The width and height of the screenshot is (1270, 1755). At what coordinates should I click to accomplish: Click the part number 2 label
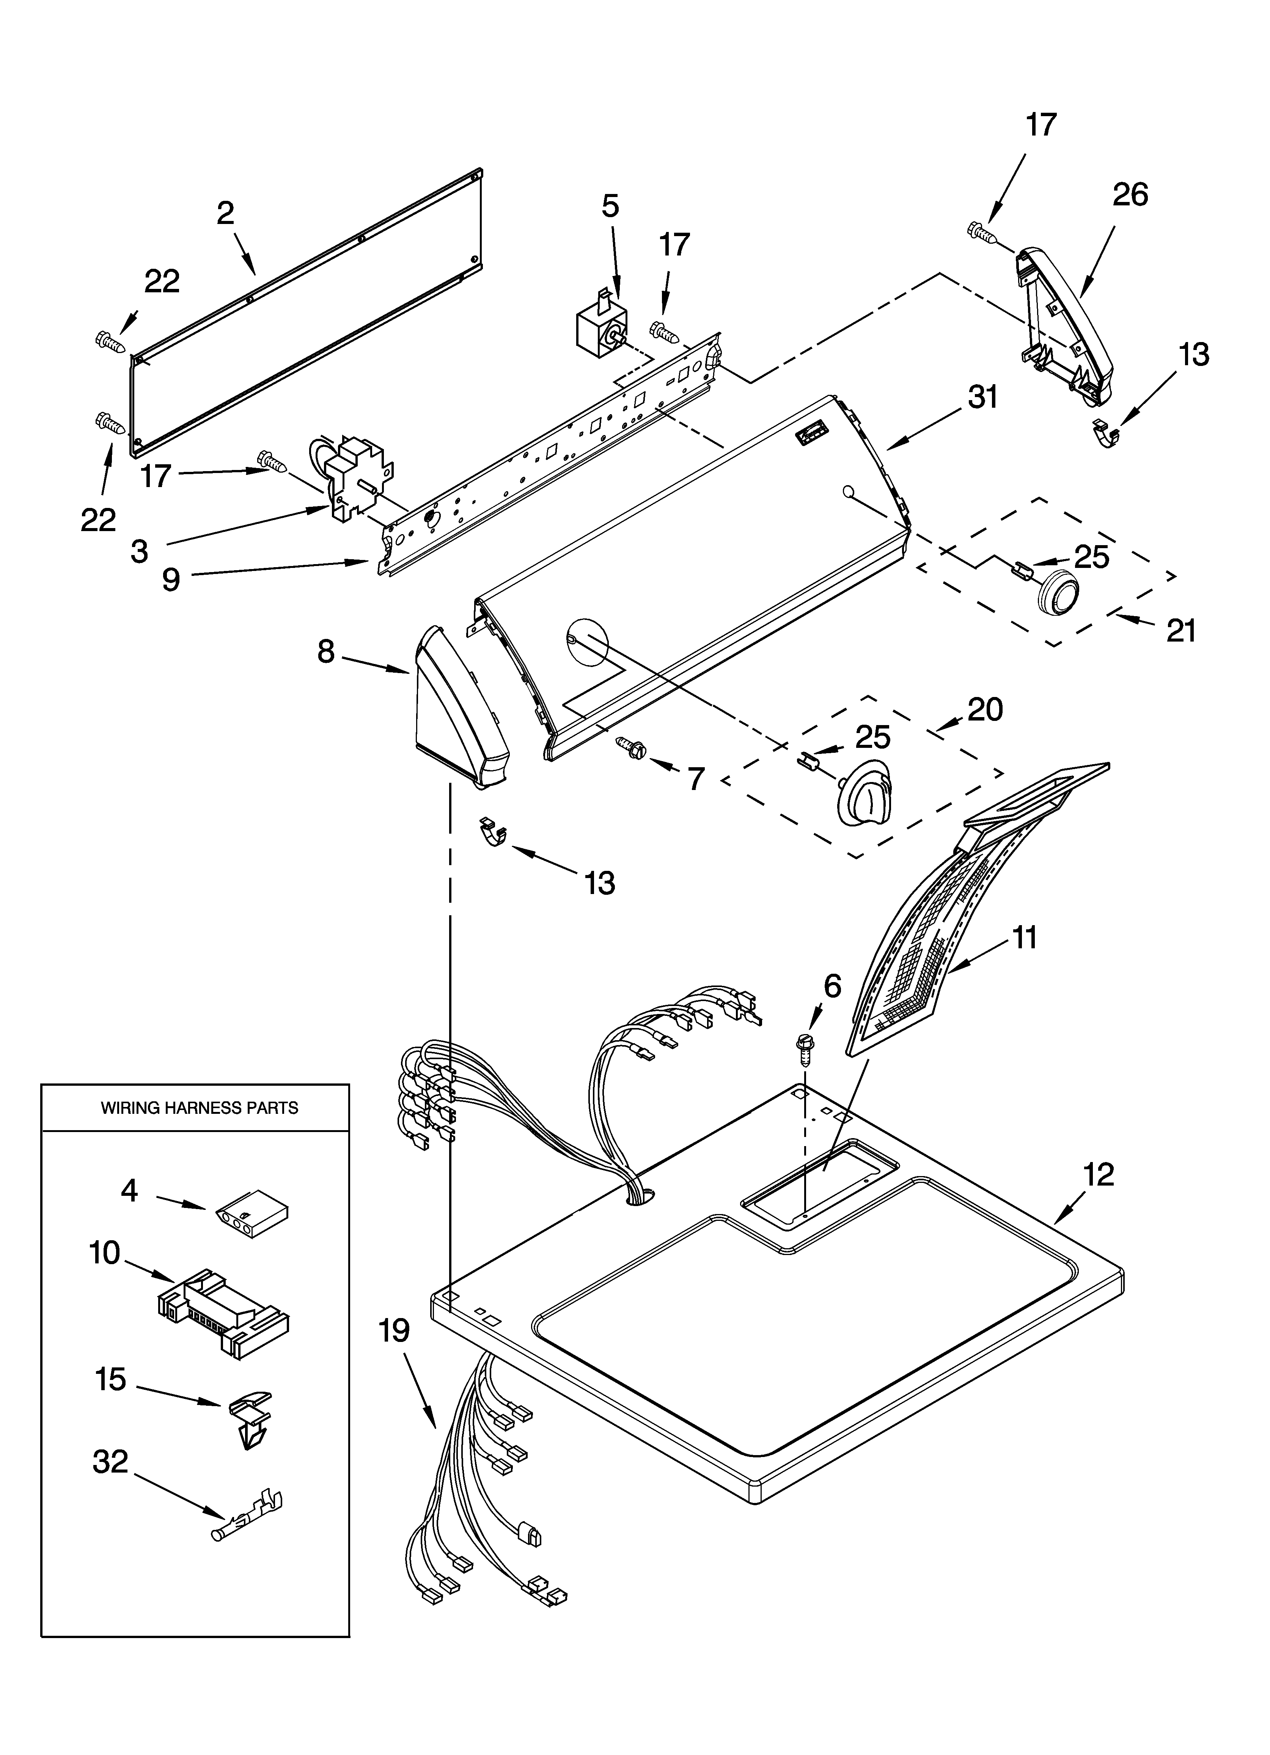tap(225, 213)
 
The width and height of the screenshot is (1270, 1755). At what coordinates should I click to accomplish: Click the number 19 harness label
tap(394, 1331)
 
